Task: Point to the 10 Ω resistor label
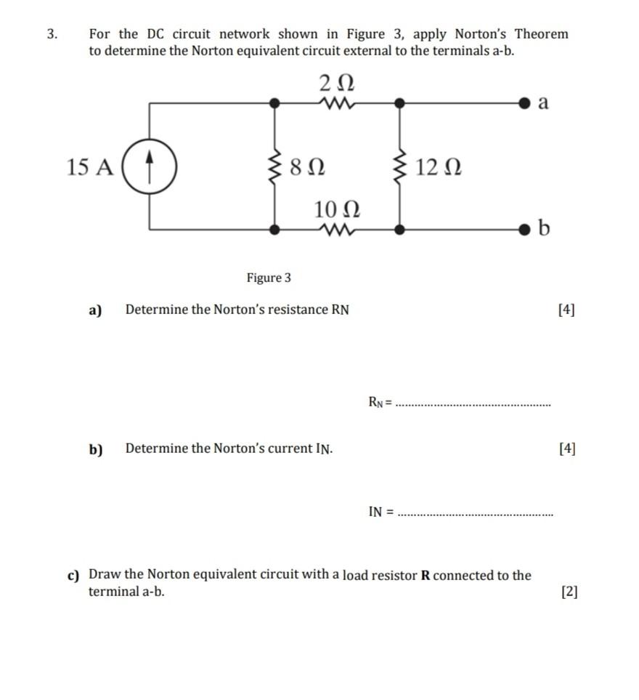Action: (x=337, y=209)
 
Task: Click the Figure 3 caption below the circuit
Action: (x=268, y=278)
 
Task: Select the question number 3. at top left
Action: (x=51, y=34)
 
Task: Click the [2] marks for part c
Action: (x=569, y=592)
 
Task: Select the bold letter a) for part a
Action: (x=94, y=310)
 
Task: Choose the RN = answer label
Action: (x=380, y=401)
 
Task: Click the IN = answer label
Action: (x=380, y=511)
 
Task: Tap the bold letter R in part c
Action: (x=426, y=576)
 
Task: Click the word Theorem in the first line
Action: (x=541, y=34)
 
